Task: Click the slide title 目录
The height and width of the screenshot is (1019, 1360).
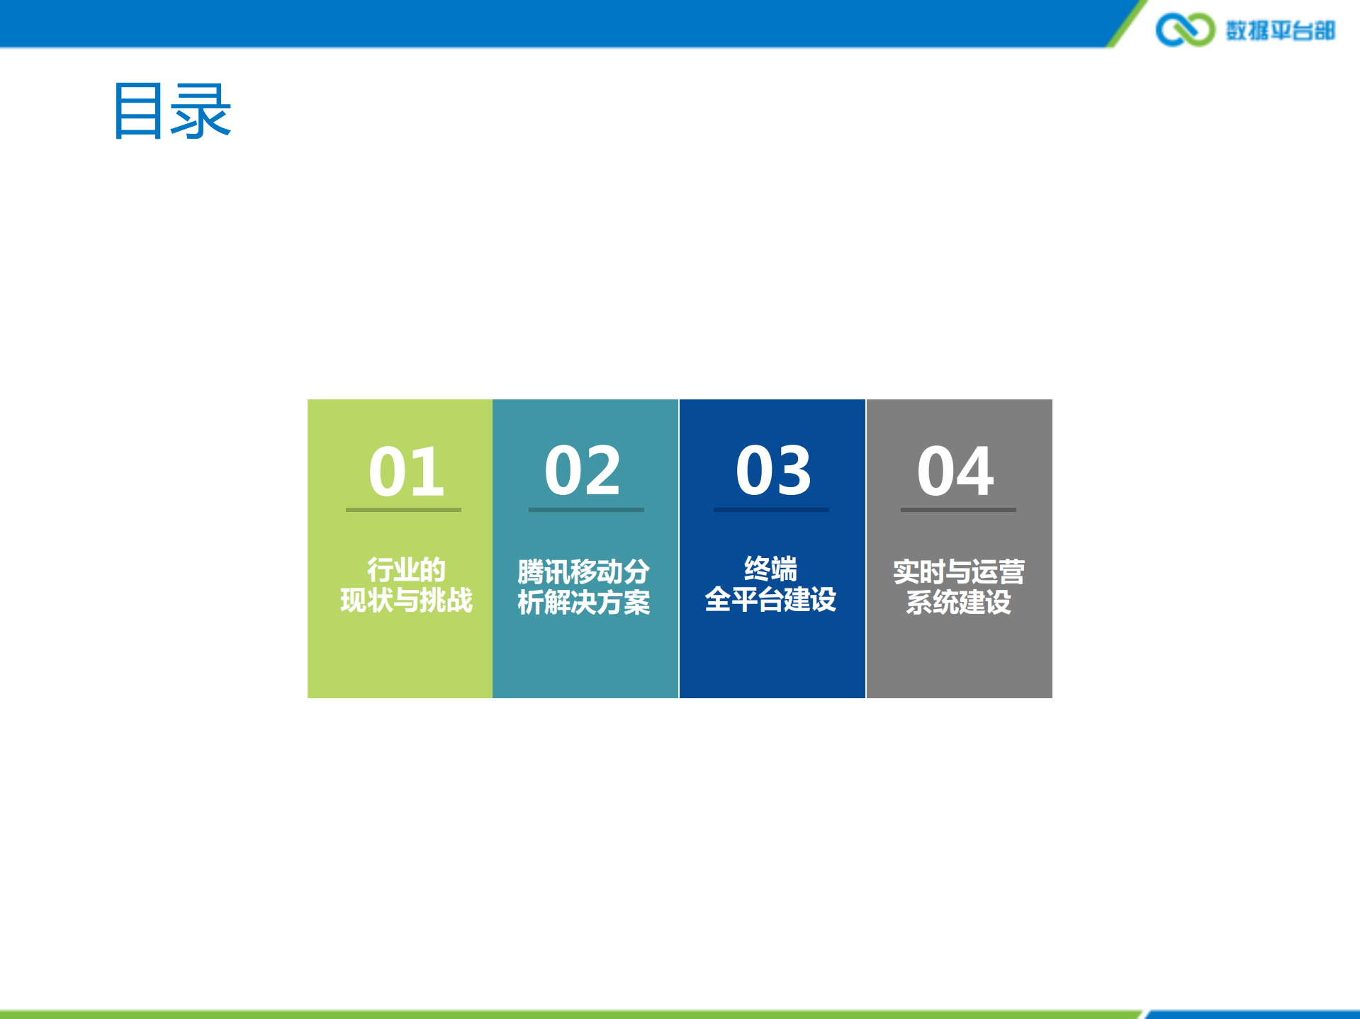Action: click(172, 110)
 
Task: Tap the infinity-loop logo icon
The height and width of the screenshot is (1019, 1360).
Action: click(1184, 30)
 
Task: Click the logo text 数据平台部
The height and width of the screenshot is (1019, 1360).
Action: click(1281, 30)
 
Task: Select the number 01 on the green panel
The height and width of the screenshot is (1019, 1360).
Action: click(406, 471)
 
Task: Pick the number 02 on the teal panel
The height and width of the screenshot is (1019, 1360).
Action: click(583, 470)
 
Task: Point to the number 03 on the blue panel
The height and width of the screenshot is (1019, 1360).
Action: click(773, 470)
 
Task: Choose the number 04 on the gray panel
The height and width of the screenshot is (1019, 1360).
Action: click(955, 470)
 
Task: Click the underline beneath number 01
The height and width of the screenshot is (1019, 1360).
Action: click(403, 509)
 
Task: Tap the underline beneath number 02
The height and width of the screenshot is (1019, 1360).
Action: click(586, 509)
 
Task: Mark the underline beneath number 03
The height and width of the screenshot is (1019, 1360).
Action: click(771, 509)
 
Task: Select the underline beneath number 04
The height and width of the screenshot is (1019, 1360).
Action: click(958, 509)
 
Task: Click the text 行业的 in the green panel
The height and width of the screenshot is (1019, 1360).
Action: click(406, 569)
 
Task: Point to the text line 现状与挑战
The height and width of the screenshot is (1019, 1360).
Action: click(406, 600)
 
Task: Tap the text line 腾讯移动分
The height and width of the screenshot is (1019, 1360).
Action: click(583, 571)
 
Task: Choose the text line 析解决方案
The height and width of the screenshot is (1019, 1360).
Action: click(583, 603)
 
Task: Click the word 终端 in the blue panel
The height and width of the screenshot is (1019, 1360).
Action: click(770, 569)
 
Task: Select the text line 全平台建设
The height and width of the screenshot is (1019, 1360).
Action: click(770, 600)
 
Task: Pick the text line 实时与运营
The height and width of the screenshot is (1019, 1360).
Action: click(958, 571)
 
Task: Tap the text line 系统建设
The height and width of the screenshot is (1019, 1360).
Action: click(958, 603)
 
